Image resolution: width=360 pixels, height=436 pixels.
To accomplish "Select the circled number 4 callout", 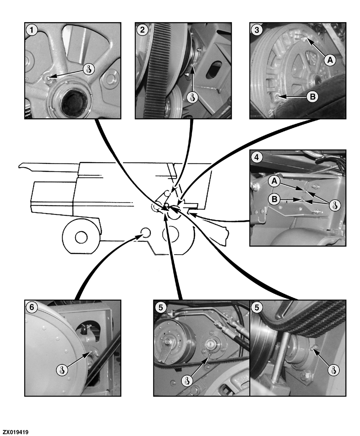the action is point(257,157).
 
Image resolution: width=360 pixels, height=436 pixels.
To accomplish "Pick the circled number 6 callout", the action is point(32,307).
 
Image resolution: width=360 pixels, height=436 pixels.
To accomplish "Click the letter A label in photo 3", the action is point(330,60).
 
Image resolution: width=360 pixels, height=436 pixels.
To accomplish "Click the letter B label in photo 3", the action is point(312,97).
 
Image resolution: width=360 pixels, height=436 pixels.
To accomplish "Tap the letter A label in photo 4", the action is point(274,181).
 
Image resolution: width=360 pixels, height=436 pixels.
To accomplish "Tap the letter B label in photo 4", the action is point(274,199).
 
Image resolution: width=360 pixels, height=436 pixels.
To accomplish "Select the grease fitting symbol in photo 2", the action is point(192,97).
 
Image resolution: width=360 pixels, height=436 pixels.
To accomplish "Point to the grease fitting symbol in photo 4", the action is point(335,206).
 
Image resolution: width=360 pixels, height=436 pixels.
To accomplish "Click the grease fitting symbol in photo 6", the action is point(62,370).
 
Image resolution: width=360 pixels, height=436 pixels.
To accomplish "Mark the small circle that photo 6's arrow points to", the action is point(145,232).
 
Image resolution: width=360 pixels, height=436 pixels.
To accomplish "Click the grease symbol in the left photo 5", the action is point(187,381).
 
